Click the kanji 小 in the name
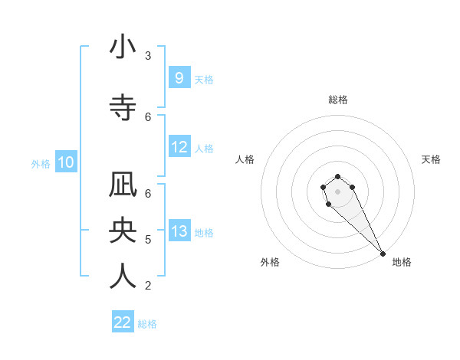123,47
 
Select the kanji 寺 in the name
123,107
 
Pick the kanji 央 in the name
123,231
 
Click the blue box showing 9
179,78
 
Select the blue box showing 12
179,147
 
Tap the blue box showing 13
179,231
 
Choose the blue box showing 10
66,162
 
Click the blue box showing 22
123,322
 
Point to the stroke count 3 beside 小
148,56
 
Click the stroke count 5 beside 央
148,240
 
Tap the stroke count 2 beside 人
148,286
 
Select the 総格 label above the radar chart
338,100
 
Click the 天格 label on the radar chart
432,159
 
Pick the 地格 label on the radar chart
402,262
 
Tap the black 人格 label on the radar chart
245,159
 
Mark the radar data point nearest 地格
383,254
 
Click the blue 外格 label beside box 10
41,163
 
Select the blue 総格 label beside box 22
147,323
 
